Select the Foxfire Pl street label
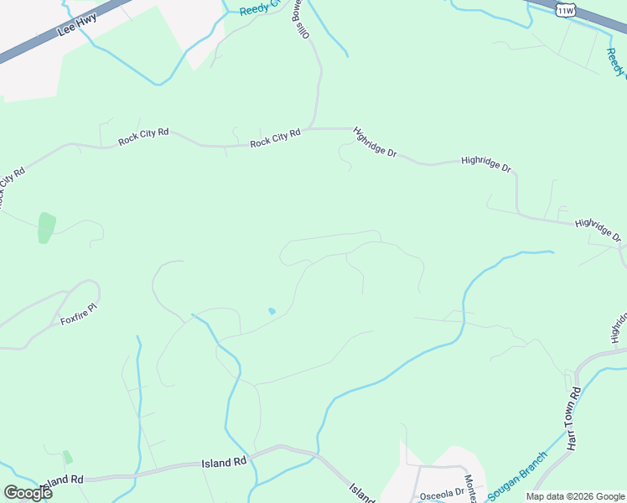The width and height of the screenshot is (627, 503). [x=80, y=314]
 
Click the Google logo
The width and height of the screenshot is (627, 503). [x=28, y=492]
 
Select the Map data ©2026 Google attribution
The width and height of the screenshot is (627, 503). [x=575, y=496]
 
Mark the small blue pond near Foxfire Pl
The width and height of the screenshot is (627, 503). [x=271, y=312]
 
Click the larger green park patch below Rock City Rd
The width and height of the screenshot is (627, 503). [x=46, y=227]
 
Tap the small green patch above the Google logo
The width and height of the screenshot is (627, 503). [x=67, y=457]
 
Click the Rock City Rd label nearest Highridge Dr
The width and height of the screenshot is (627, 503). [x=275, y=139]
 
